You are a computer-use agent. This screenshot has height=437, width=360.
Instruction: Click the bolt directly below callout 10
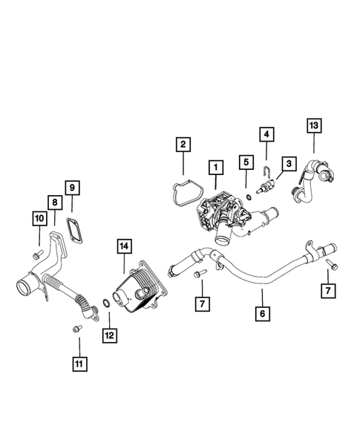click(x=36, y=255)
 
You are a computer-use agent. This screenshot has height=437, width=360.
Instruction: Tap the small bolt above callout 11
click(x=76, y=329)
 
